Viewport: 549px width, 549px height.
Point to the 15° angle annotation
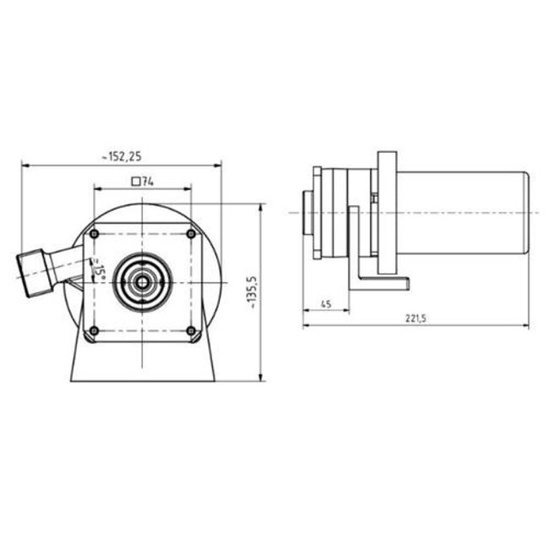(100, 270)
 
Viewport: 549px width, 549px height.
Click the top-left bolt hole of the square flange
(95, 233)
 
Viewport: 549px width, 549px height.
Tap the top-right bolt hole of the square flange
(192, 233)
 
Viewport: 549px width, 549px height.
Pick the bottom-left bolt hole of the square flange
(95, 330)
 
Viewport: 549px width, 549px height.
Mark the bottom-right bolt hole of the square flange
(192, 330)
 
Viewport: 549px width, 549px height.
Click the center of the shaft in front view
(143, 281)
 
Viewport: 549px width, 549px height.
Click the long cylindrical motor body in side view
(460, 216)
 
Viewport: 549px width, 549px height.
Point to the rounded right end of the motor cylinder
(525, 216)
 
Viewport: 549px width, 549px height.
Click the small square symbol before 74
(135, 180)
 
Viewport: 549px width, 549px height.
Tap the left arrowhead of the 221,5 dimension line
(306, 325)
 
